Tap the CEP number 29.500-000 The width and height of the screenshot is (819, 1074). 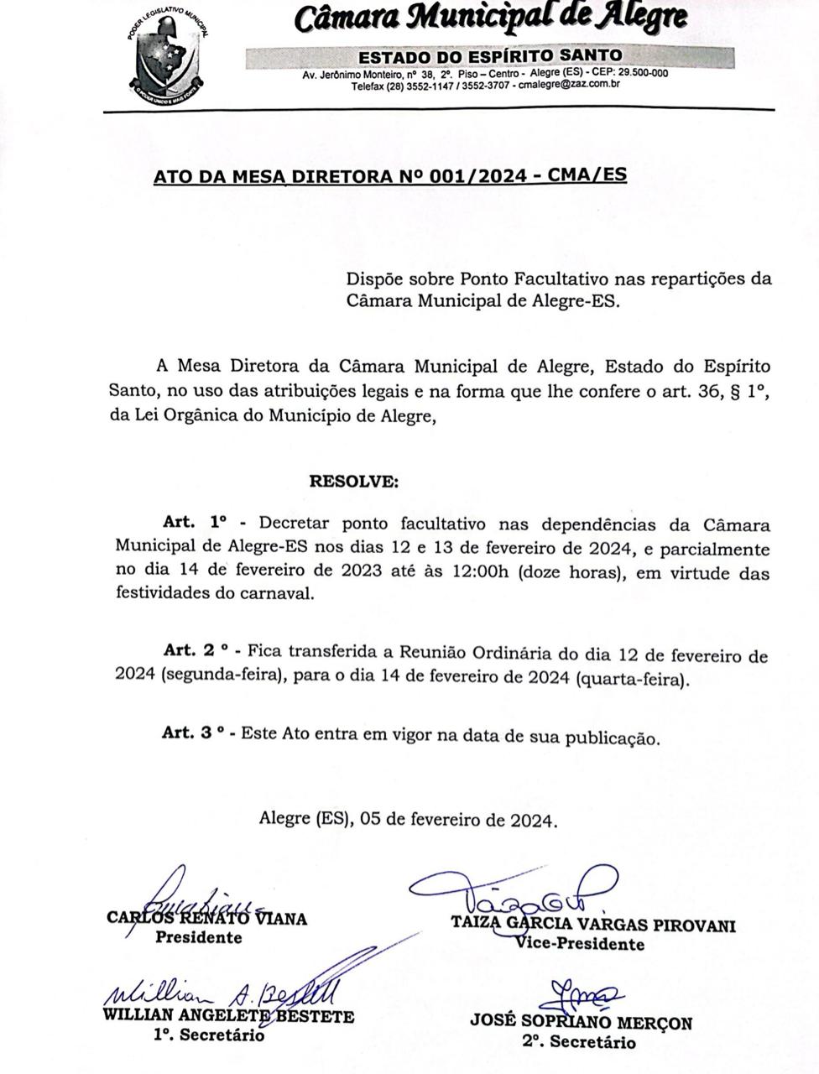click(x=640, y=73)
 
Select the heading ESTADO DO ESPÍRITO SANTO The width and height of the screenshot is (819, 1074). click(x=490, y=57)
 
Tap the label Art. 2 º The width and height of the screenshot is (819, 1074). click(x=196, y=651)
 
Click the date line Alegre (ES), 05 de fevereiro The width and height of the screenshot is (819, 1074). click(x=408, y=819)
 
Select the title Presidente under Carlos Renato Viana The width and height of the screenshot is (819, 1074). click(x=198, y=937)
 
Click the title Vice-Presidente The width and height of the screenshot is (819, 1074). click(x=581, y=944)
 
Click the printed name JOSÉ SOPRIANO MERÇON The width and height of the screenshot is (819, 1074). click(x=581, y=1023)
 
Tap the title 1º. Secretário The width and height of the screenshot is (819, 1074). click(x=208, y=1035)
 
